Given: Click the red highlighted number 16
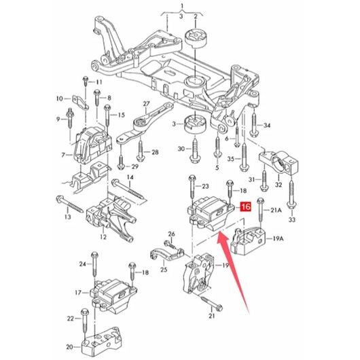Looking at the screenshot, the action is [x=245, y=207].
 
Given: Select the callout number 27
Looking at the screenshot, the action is [x=146, y=104].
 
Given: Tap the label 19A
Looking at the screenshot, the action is [x=278, y=239].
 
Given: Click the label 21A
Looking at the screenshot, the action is [x=275, y=210].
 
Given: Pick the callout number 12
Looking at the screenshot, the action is [x=103, y=236].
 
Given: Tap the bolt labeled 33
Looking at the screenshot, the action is [x=291, y=195].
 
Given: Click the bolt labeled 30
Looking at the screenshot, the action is [x=195, y=150].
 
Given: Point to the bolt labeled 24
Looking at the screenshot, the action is [x=94, y=266].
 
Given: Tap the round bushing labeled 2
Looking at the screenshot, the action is [x=196, y=39].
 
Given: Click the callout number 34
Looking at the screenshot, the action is [x=267, y=126].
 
